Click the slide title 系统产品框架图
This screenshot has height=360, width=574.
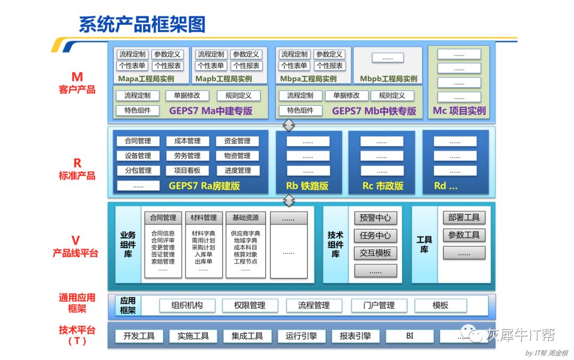(142, 24)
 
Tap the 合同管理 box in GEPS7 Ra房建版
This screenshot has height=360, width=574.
(138, 141)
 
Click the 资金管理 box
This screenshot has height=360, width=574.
(237, 141)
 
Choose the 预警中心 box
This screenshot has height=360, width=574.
(375, 217)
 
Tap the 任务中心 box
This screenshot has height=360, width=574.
(375, 235)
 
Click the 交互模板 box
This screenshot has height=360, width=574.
(375, 253)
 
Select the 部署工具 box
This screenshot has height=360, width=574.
(464, 217)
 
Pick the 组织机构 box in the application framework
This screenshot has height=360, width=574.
(187, 305)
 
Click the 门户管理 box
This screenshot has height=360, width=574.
(379, 305)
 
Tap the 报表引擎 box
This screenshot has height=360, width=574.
(356, 336)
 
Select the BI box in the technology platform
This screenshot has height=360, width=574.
(410, 336)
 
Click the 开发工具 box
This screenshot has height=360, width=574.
(139, 336)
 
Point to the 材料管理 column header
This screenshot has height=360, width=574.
(204, 217)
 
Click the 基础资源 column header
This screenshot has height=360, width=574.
(245, 217)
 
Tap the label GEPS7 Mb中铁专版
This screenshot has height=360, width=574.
(374, 111)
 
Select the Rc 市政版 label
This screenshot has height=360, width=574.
(383, 186)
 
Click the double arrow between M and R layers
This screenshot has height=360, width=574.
(289, 125)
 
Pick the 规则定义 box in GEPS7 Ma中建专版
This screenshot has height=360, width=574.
(238, 96)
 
